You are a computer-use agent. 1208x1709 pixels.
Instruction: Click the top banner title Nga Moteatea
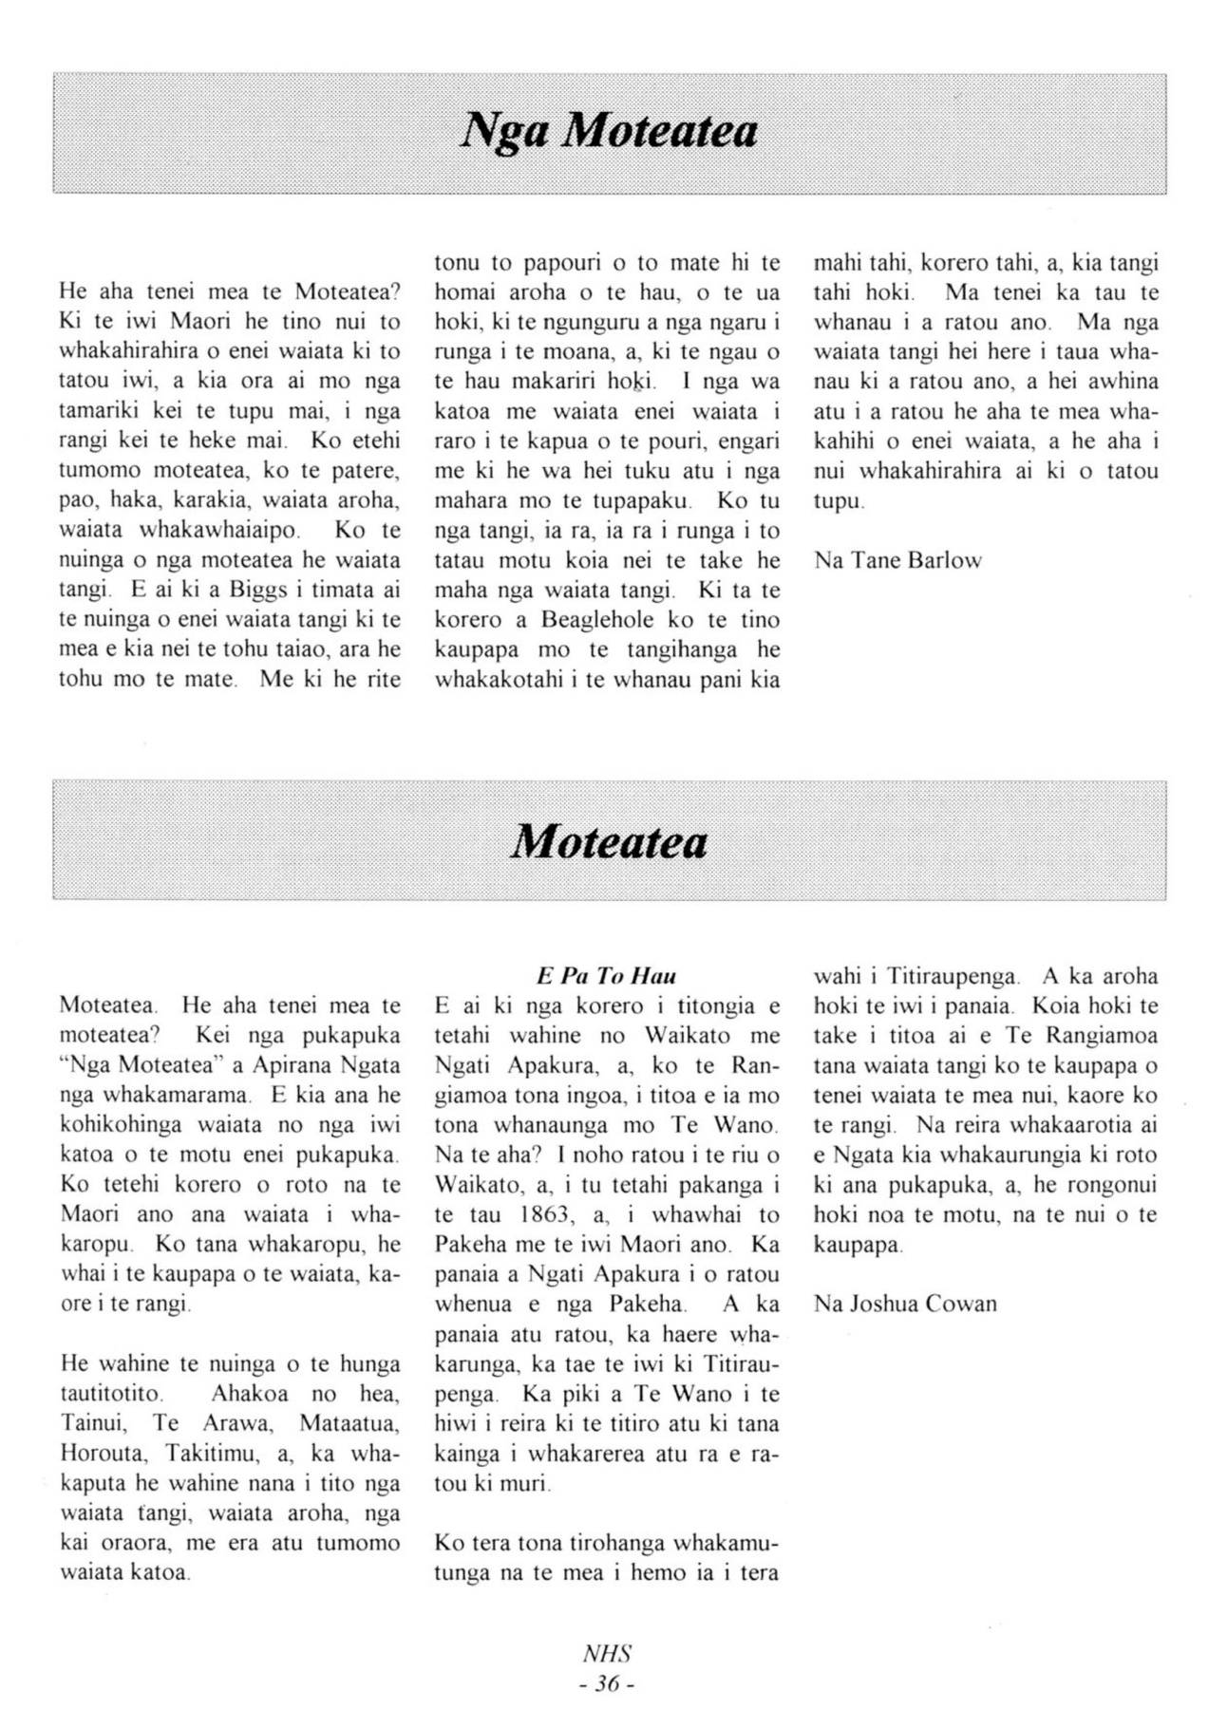tap(609, 131)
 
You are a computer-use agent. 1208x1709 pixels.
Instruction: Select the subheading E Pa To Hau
tap(606, 976)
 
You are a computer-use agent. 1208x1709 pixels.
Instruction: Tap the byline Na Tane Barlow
tap(897, 560)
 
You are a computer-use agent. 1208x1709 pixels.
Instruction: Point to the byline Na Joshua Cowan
tap(905, 1304)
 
